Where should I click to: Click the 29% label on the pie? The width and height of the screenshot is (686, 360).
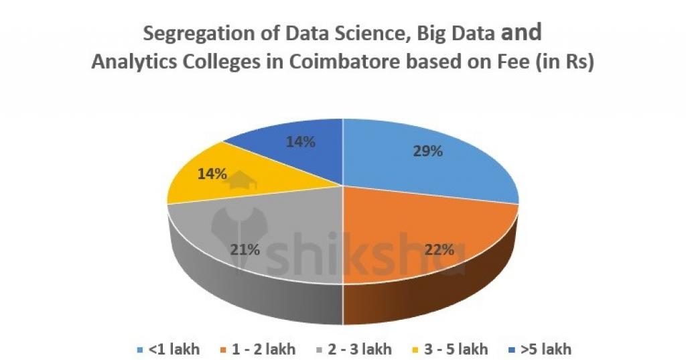[427, 151]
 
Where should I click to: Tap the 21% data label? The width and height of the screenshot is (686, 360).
[245, 250]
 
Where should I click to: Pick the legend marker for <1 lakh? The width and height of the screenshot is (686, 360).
[139, 349]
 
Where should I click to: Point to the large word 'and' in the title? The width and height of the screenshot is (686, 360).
[521, 32]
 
